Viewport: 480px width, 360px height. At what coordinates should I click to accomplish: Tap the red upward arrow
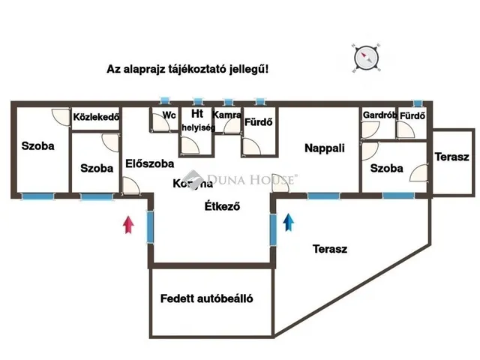click(128, 223)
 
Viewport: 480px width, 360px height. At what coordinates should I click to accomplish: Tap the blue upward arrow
click(288, 222)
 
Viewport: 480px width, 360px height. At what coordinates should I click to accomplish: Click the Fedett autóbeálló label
click(206, 298)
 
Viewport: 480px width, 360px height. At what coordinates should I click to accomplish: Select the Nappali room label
click(325, 148)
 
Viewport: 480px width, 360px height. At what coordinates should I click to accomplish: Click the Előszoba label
click(150, 163)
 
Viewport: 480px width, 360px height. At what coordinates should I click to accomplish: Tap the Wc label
click(169, 115)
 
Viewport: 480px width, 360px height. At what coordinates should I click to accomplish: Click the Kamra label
click(226, 115)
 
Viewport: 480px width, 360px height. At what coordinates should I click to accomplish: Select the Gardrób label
click(378, 115)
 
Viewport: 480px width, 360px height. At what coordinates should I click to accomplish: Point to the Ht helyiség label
click(198, 121)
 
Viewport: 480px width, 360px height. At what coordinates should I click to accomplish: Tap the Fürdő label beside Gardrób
click(412, 115)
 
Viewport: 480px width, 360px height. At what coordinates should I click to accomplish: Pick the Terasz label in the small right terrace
click(451, 157)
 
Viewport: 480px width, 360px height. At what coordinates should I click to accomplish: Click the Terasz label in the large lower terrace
click(329, 250)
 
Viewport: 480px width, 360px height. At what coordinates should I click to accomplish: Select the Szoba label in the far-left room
click(37, 146)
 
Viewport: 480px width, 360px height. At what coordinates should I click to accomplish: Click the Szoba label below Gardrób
click(387, 168)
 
